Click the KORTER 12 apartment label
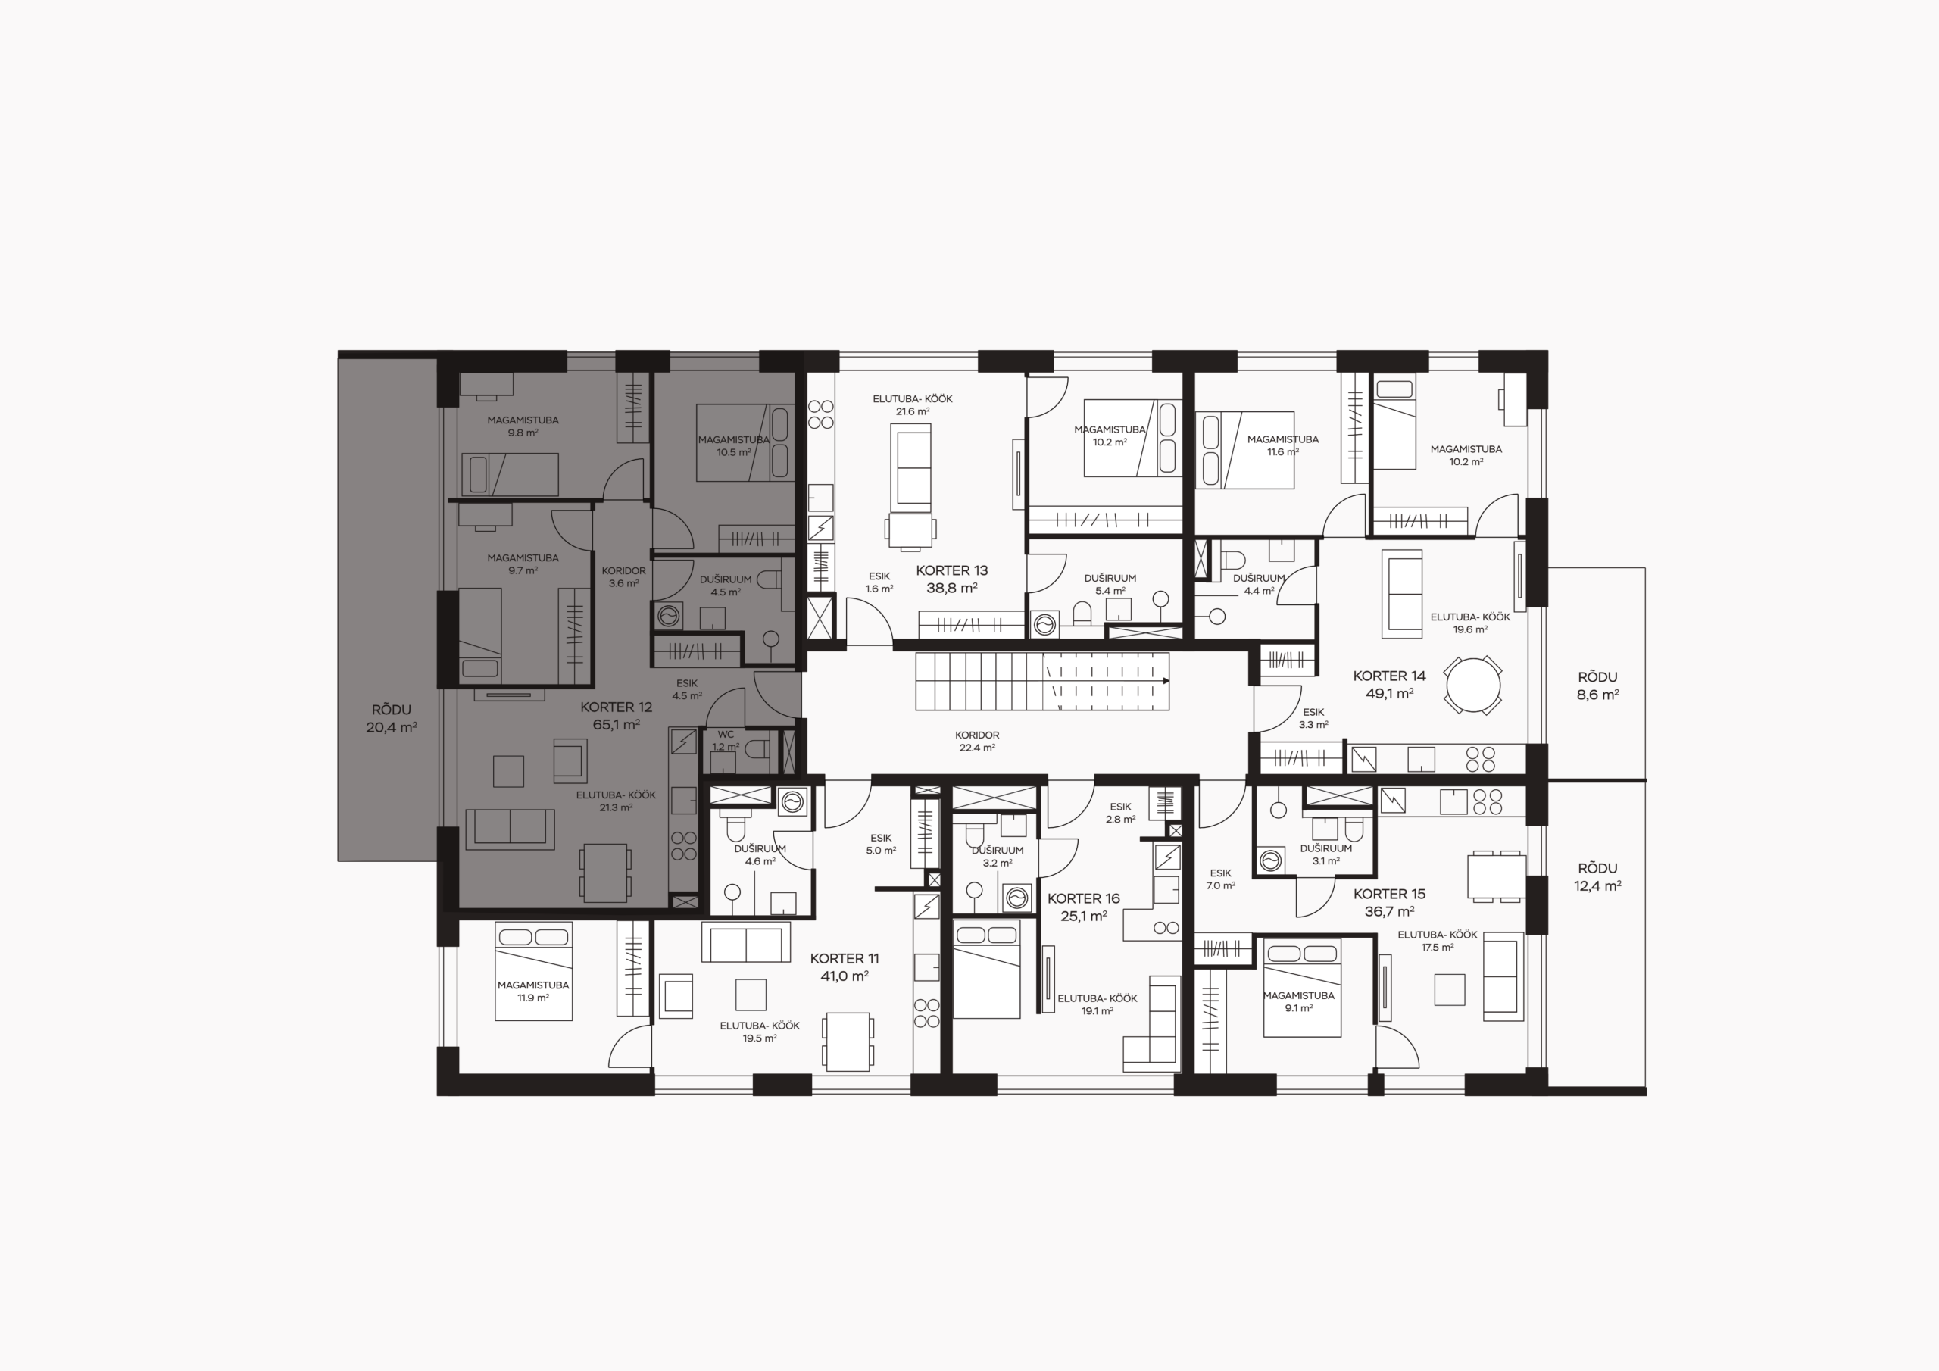coord(617,716)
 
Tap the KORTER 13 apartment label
coord(952,579)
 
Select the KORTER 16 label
coord(1084,907)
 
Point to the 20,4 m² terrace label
coord(391,726)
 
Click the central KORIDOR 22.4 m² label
coord(977,741)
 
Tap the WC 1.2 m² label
coord(726,741)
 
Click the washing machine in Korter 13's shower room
coord(1045,626)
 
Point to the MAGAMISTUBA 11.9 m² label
coord(533,991)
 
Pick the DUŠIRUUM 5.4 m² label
coord(1110,585)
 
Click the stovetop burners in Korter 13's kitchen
coord(821,414)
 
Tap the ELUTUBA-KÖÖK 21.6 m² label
coord(913,404)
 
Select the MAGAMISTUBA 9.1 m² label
coord(1299,1001)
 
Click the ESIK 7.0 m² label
coord(1220,879)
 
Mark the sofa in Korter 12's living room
coord(510,829)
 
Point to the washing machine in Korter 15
coord(1270,860)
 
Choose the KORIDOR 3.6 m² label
coord(623,577)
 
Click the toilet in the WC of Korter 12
coord(757,748)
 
